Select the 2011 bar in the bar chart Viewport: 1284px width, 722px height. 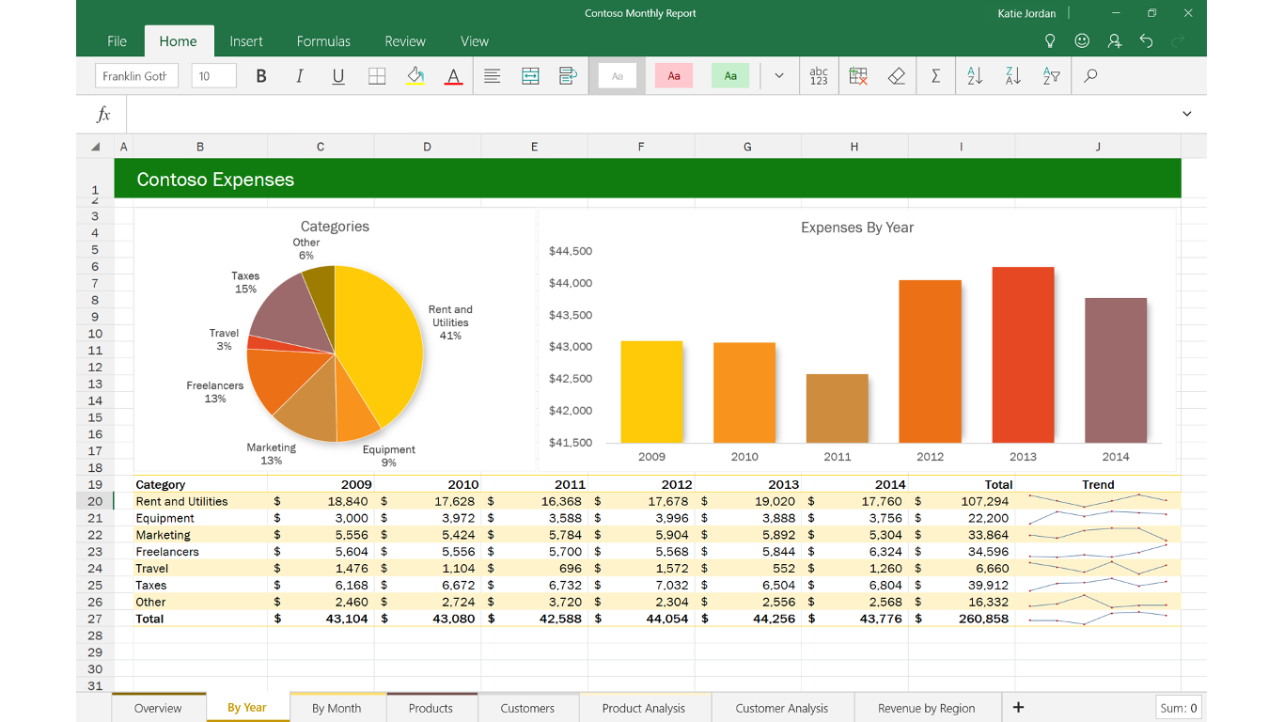[837, 408]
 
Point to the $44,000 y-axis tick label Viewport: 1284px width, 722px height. [571, 283]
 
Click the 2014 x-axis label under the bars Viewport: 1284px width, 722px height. [1116, 457]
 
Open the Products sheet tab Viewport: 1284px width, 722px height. [431, 708]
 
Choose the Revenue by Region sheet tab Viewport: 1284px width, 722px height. [926, 708]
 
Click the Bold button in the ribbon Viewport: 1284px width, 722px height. [261, 76]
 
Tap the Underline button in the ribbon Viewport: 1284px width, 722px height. [338, 76]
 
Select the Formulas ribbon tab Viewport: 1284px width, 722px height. [323, 41]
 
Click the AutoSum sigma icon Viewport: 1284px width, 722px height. [935, 76]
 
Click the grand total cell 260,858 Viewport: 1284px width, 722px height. [983, 619]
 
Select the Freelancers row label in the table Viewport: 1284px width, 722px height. [167, 552]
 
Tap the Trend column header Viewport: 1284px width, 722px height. [1097, 485]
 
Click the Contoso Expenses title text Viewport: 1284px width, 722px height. [215, 180]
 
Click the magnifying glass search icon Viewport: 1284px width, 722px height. [1090, 76]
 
